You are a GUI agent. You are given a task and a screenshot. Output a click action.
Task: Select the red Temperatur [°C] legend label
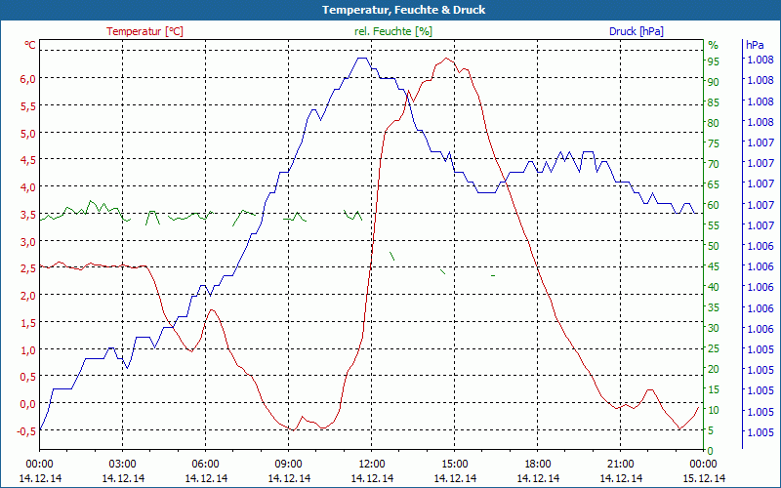point(144,31)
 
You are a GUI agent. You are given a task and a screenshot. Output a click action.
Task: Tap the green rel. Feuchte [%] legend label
point(393,31)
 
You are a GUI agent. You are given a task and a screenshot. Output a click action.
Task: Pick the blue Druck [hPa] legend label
point(637,31)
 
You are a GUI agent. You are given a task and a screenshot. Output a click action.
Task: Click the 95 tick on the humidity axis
point(714,61)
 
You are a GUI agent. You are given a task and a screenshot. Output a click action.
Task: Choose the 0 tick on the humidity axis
point(711,450)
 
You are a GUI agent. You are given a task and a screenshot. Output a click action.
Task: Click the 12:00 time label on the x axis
point(372,464)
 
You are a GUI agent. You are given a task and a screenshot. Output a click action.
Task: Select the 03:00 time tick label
point(123,464)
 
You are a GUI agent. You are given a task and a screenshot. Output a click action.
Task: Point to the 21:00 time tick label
point(621,464)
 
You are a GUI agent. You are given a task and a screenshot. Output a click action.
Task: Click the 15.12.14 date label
point(704,478)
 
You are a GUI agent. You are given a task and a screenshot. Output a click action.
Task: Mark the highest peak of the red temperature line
point(447,59)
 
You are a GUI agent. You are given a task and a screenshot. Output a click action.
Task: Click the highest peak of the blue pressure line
point(362,59)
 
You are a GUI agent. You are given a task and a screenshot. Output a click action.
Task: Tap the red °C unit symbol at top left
point(30,45)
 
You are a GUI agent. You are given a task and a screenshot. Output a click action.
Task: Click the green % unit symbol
point(713,45)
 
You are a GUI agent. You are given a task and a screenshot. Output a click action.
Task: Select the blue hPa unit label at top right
point(755,45)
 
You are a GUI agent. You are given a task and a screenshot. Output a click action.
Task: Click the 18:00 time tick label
point(538,464)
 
